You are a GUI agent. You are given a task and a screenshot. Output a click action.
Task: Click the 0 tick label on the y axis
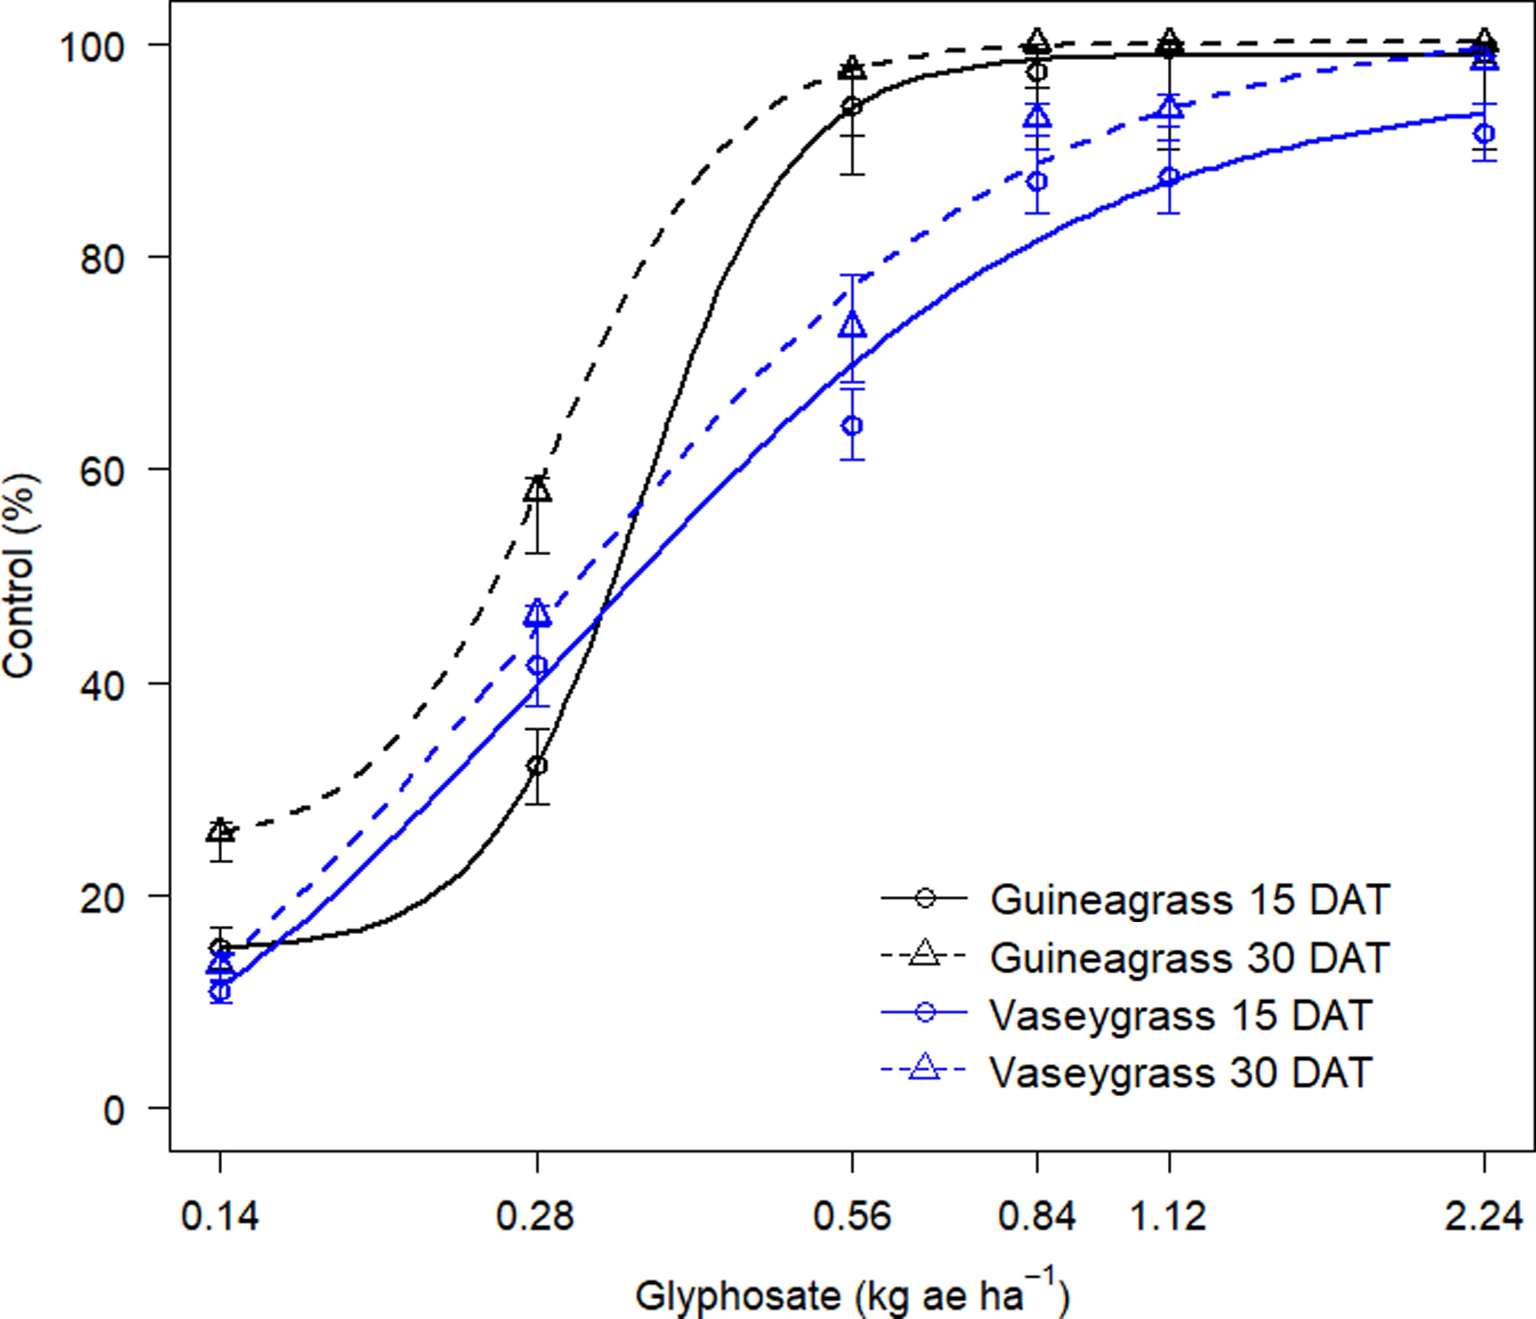pyautogui.click(x=113, y=1110)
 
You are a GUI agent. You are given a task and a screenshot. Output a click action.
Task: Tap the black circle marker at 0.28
pyautogui.click(x=537, y=765)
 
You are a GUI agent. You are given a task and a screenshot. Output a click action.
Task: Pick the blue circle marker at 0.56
pyautogui.click(x=853, y=425)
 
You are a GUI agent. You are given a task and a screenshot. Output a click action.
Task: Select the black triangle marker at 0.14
pyautogui.click(x=220, y=830)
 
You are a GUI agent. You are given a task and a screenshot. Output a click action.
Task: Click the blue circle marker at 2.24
pyautogui.click(x=1484, y=134)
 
